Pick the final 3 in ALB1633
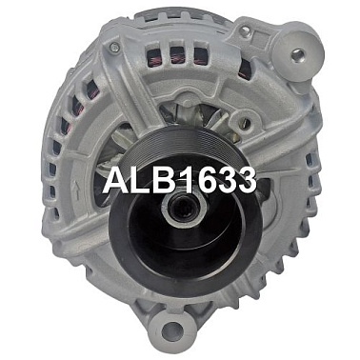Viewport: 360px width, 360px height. pos(246,180)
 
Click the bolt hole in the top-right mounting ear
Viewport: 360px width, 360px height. pos(298,54)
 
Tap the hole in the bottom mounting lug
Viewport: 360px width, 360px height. pos(171,329)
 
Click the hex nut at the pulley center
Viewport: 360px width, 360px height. pos(185,208)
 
